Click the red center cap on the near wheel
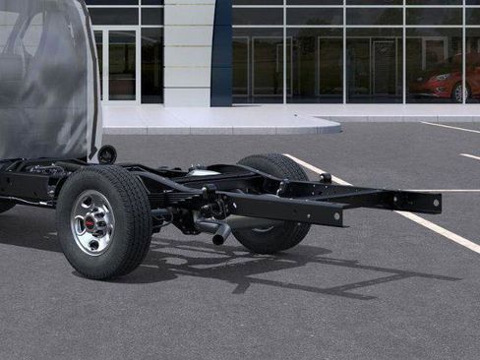click(92, 222)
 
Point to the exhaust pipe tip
click(221, 236)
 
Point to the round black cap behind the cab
click(106, 154)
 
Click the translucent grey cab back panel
click(49, 79)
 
